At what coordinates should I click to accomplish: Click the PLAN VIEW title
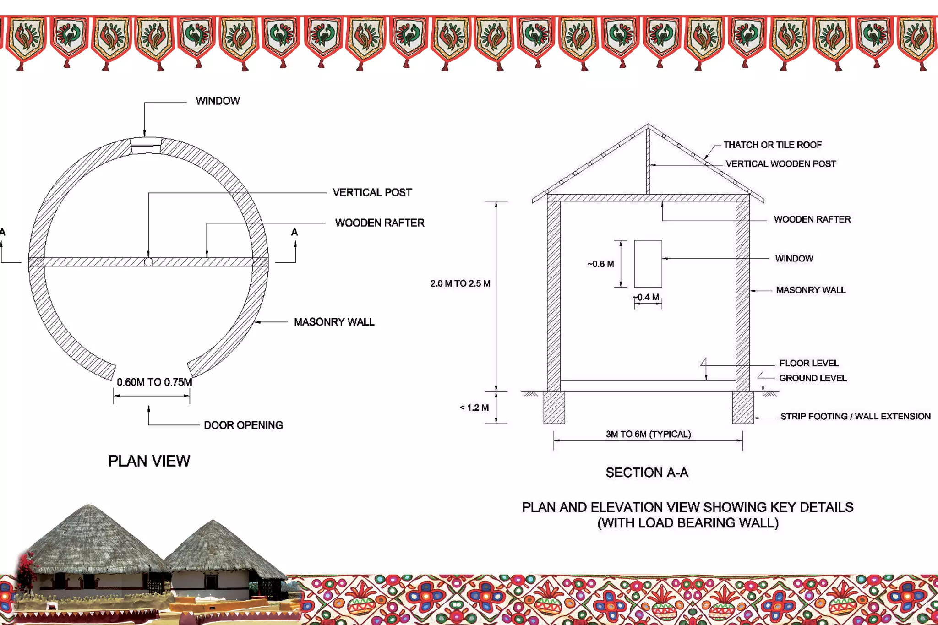pos(149,461)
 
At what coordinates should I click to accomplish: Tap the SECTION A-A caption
pos(647,473)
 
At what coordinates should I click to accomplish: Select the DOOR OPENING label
pos(243,425)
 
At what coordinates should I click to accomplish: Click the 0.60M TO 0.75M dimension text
pos(154,382)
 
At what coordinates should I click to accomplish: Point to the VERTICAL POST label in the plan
pos(372,193)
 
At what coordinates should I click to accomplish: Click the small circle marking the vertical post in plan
pos(148,262)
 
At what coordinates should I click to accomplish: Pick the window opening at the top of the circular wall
pos(146,146)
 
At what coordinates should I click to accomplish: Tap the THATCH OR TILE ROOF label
pos(772,145)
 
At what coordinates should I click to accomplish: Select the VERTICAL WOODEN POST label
pos(780,164)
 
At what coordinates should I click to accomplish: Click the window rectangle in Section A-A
pos(648,264)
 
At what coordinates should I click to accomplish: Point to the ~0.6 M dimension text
pos(600,264)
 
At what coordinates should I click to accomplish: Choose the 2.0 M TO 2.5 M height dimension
pos(460,283)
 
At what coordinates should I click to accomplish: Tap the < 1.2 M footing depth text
pos(474,408)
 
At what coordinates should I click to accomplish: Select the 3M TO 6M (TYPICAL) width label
pos(648,434)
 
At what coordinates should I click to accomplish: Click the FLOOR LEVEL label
pos(809,363)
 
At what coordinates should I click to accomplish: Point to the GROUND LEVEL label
pos(813,378)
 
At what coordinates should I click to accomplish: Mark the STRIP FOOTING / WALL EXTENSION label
pos(855,416)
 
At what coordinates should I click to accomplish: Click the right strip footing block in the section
pos(742,408)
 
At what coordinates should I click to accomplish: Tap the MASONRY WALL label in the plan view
pos(334,322)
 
